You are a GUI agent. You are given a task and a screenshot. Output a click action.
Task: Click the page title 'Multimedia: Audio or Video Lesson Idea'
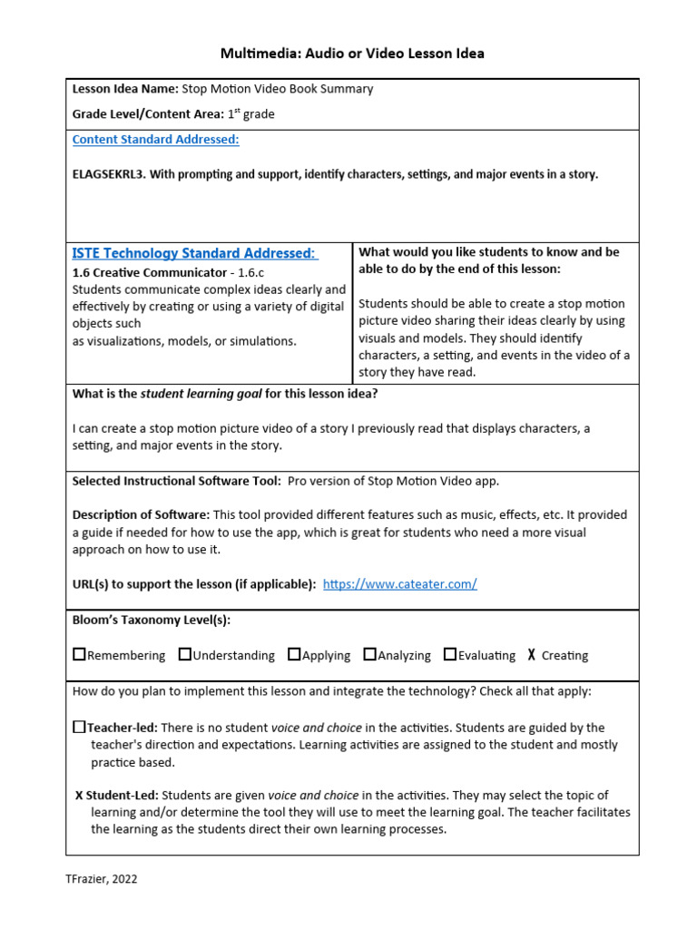click(x=352, y=54)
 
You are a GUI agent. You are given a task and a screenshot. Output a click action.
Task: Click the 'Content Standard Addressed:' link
click(x=155, y=140)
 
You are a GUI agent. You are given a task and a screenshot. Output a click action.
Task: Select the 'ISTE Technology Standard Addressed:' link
click(x=194, y=253)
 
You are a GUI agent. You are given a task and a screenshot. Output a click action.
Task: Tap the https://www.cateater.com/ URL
click(x=399, y=584)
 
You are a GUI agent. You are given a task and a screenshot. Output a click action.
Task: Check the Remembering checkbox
click(x=79, y=654)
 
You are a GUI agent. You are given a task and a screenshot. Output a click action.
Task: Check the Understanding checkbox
click(x=185, y=654)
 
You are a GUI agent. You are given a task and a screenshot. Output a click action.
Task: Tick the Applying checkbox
click(x=294, y=654)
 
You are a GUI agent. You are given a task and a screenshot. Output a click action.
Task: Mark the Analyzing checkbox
click(x=369, y=654)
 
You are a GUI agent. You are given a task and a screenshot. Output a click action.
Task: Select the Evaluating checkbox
click(x=450, y=654)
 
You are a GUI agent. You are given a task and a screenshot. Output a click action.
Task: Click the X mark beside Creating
click(x=531, y=655)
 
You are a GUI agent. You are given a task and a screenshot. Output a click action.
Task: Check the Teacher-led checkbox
click(x=79, y=727)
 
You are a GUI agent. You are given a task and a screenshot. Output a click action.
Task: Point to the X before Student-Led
click(x=79, y=796)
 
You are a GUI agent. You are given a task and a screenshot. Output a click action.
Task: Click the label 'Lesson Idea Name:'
click(x=125, y=89)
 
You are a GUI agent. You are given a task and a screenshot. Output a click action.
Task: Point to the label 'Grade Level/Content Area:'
click(x=147, y=114)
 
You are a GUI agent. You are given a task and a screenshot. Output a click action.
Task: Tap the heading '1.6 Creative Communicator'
click(x=149, y=272)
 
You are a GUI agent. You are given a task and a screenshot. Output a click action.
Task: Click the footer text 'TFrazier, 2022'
click(x=102, y=879)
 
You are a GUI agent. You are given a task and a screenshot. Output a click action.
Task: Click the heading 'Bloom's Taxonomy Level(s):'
click(x=151, y=620)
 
